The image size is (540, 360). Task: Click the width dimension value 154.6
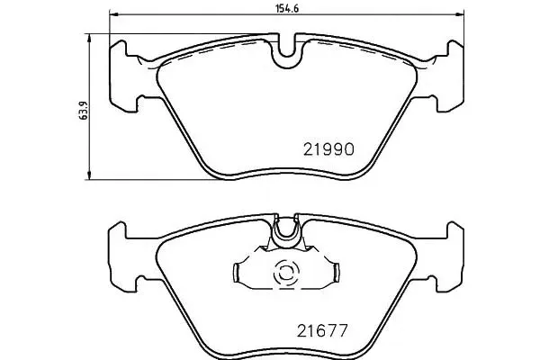(286, 8)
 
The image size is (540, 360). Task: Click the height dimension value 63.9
(83, 111)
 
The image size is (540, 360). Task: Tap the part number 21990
(328, 149)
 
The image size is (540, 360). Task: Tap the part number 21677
(322, 331)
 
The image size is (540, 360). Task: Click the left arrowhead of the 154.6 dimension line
(114, 14)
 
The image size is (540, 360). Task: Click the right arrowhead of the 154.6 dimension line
(459, 14)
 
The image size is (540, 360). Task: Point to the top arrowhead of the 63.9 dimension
(89, 38)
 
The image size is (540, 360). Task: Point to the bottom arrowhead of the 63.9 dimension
(89, 175)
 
